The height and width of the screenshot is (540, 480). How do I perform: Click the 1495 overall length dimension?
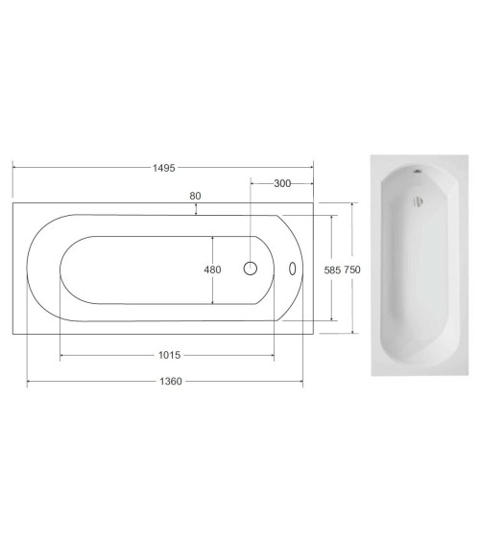pos(164,168)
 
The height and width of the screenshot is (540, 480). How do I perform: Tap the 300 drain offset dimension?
pos(282,183)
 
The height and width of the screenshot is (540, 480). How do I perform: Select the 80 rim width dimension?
pos(195,196)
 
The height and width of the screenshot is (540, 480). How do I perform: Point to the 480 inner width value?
pos(212,270)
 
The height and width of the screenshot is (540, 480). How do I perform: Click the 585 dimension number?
pos(332,270)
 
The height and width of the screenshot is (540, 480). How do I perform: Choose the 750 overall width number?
pos(352,270)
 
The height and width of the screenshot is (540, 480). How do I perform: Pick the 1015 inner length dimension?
pos(170,355)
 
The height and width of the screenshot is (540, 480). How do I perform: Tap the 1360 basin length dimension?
pos(171,382)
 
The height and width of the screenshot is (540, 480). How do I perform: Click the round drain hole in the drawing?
pos(251,269)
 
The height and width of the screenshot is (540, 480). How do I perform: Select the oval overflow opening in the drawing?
pos(292,269)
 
